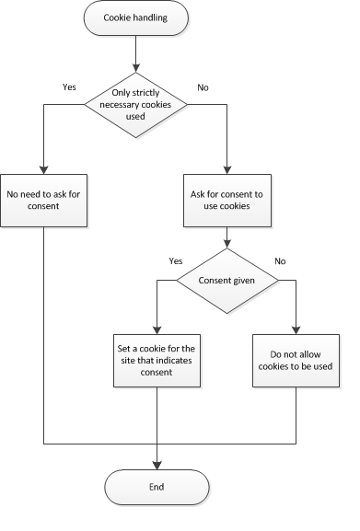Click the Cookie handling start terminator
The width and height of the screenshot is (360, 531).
click(136, 17)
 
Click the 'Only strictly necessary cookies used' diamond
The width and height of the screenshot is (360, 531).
click(136, 105)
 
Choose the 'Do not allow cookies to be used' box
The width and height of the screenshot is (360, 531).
click(296, 360)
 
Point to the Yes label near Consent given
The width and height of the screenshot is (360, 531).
click(176, 260)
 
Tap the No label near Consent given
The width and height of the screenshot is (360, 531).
click(281, 260)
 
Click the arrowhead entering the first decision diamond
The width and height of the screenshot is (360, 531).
click(136, 67)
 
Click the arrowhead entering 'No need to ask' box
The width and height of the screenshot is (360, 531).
click(43, 169)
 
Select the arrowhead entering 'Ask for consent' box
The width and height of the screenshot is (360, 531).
click(226, 169)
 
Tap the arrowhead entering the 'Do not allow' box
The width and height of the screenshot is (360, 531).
click(296, 330)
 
